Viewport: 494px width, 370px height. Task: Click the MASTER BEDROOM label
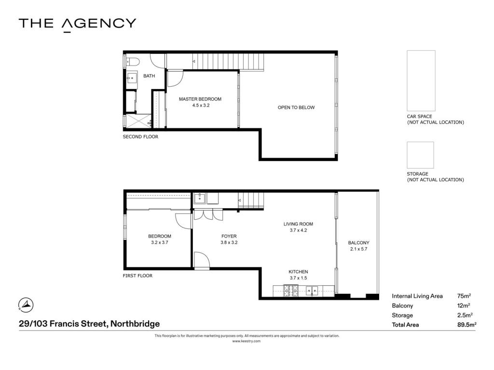point(200,99)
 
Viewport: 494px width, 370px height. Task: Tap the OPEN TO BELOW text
point(296,107)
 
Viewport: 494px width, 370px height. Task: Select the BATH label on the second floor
point(149,76)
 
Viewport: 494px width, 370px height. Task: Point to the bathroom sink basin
point(132,78)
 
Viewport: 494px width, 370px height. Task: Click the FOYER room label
point(229,236)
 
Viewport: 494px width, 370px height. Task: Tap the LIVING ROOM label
point(298,224)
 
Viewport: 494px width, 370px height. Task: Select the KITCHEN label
point(298,272)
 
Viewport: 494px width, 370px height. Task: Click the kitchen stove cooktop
point(291,291)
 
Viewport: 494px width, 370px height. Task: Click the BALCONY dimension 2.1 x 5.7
point(358,249)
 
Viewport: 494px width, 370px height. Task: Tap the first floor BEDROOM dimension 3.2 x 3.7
point(160,243)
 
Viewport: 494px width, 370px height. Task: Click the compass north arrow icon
point(26,304)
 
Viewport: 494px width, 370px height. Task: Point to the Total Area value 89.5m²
point(467,325)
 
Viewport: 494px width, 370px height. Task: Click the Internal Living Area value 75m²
point(464,296)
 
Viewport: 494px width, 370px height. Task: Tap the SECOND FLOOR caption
point(140,137)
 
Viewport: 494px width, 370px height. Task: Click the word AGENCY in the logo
point(98,25)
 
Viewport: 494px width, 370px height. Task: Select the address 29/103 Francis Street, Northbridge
point(89,324)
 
